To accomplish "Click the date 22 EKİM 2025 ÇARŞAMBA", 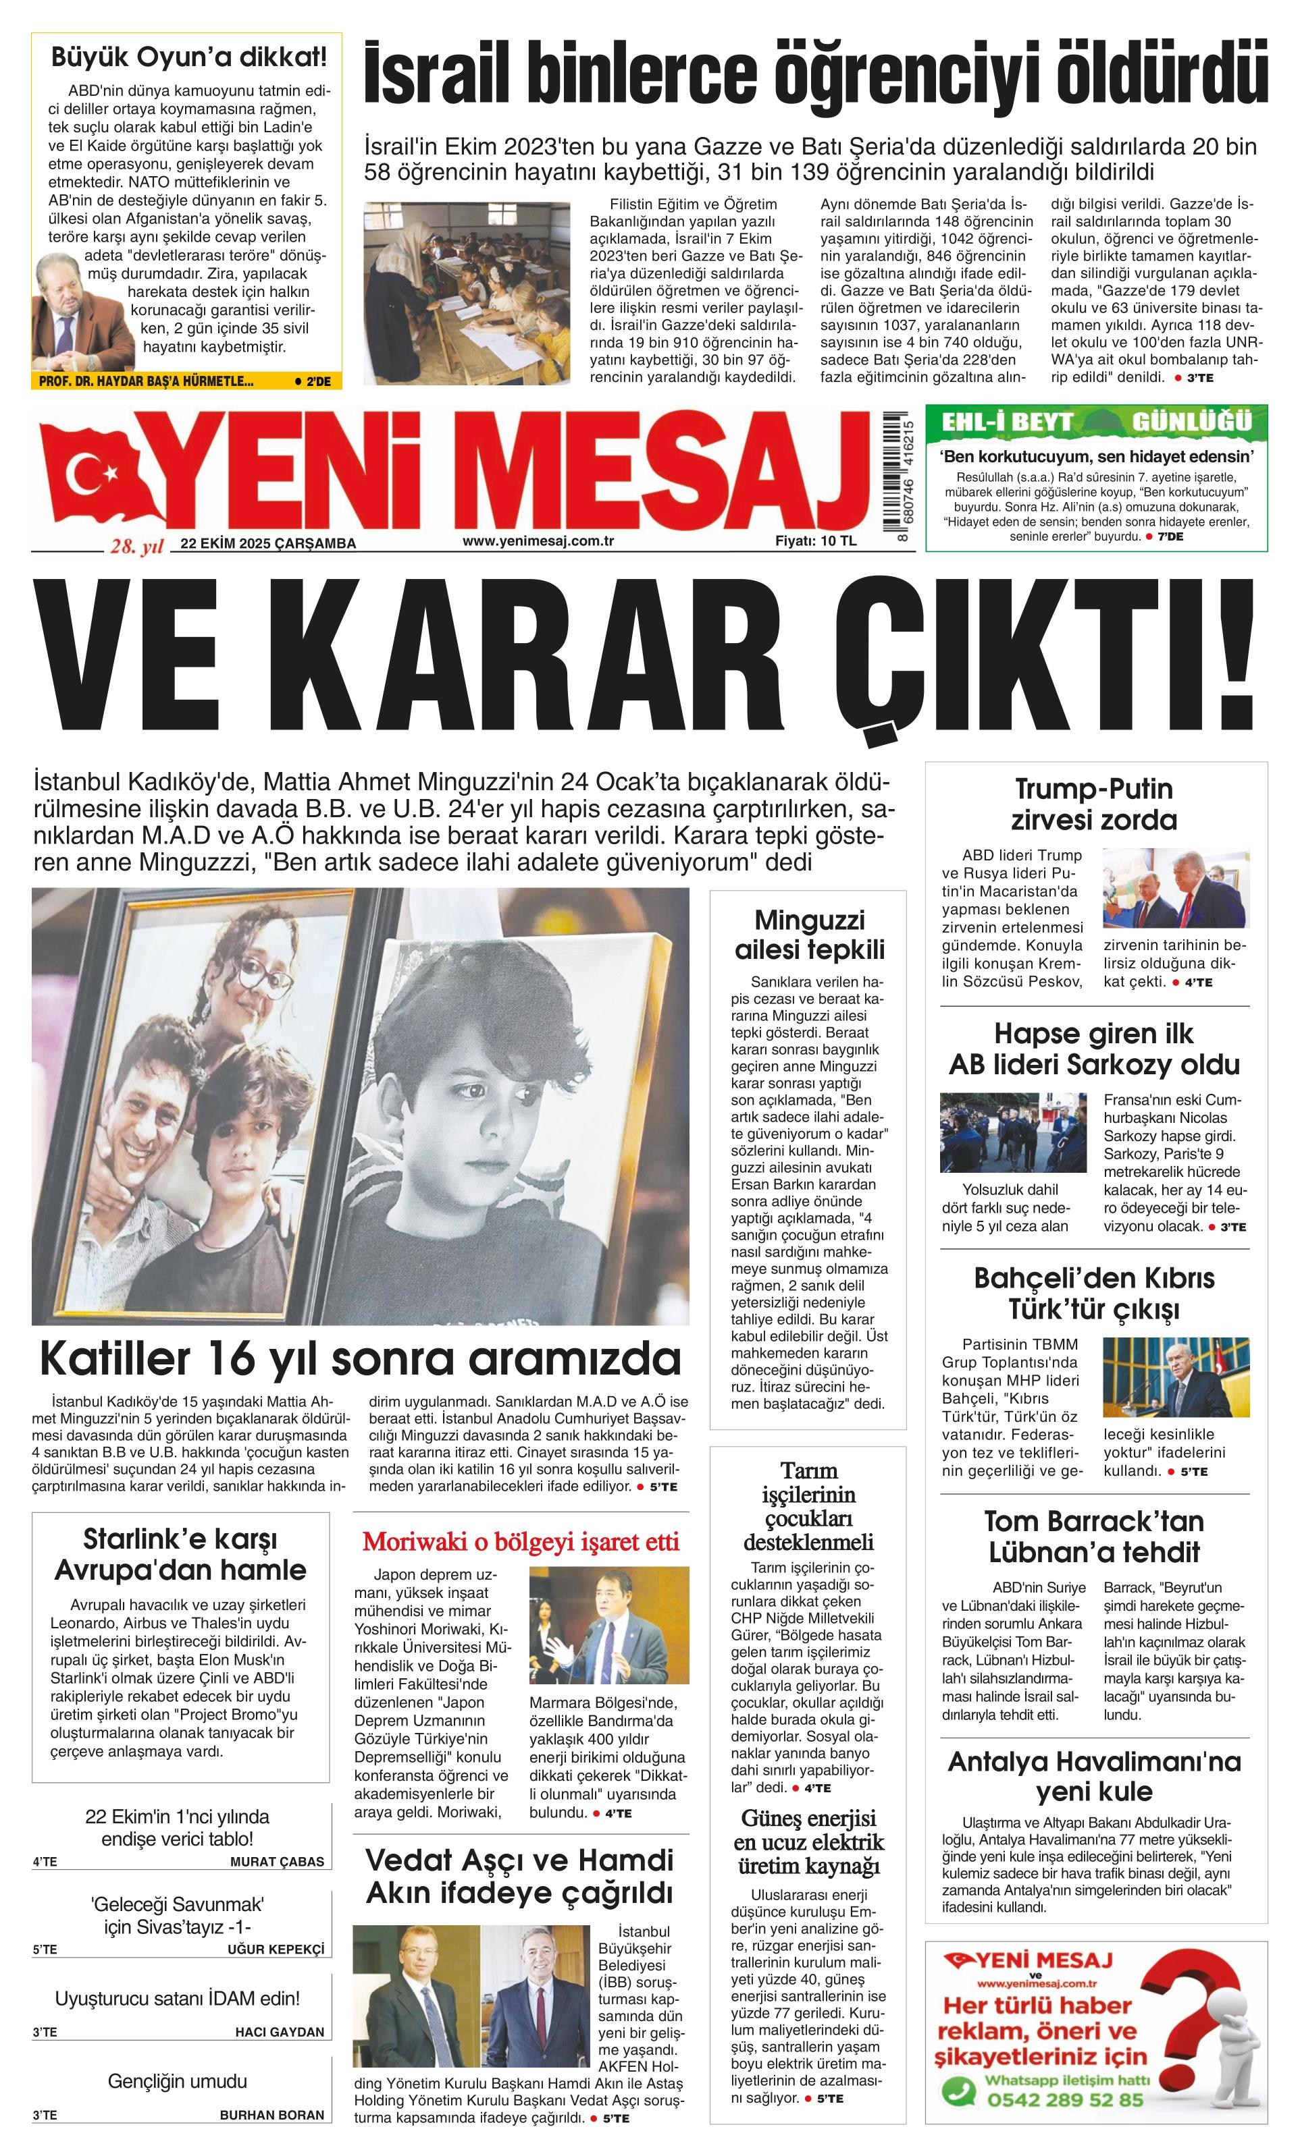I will pos(268,543).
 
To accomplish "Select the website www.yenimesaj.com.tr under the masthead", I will pos(538,541).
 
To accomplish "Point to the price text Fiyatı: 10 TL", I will pos(815,541).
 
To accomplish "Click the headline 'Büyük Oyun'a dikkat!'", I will pos(188,58).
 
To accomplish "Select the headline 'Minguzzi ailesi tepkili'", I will pos(809,935).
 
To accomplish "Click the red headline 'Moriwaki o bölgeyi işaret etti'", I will pos(521,1542).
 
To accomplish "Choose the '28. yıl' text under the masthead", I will pos(136,547).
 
